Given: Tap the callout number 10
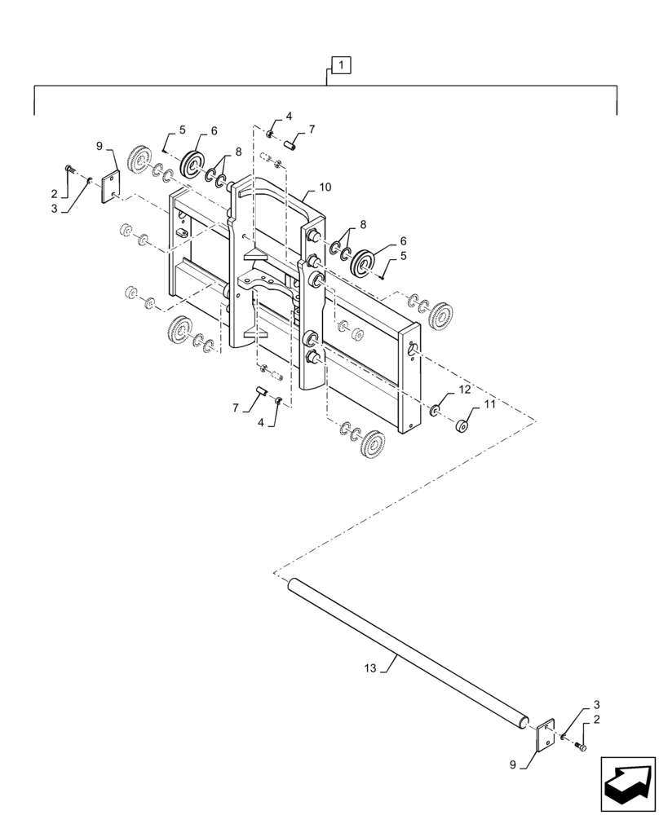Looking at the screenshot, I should (x=325, y=187).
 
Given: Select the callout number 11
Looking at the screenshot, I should (x=489, y=404).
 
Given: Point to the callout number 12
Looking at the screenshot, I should (x=463, y=390).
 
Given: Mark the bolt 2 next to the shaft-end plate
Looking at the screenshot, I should (x=581, y=747).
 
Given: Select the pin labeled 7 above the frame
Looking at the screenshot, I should (x=291, y=145).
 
